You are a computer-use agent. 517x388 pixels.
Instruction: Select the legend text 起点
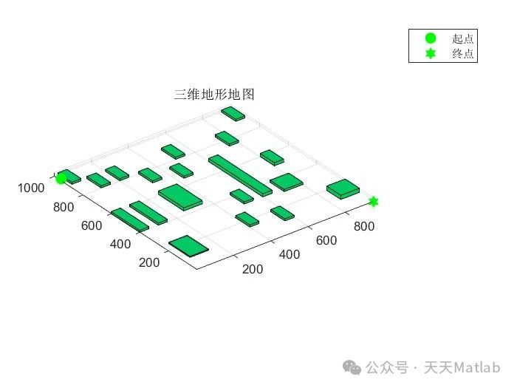click(463, 38)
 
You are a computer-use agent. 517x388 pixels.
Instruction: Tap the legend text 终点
click(463, 54)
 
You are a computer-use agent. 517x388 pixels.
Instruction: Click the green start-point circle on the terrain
click(61, 178)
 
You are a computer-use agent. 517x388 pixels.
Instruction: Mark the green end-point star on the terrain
click(374, 202)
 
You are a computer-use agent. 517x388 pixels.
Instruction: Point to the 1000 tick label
click(31, 188)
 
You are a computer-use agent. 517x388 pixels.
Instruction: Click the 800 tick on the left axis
click(64, 208)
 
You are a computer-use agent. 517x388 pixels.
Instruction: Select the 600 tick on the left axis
click(91, 226)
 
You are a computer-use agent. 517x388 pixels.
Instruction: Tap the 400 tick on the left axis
click(120, 245)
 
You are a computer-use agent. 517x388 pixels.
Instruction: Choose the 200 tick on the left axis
click(149, 263)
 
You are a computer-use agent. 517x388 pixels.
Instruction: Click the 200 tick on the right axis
click(253, 270)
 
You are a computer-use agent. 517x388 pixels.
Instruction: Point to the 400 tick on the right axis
click(289, 255)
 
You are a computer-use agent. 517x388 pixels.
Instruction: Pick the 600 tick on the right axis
click(326, 241)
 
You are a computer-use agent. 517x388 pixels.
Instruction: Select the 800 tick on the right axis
click(363, 226)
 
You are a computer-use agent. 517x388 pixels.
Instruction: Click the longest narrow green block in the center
click(240, 175)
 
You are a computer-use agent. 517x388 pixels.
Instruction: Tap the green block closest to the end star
click(343, 188)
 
